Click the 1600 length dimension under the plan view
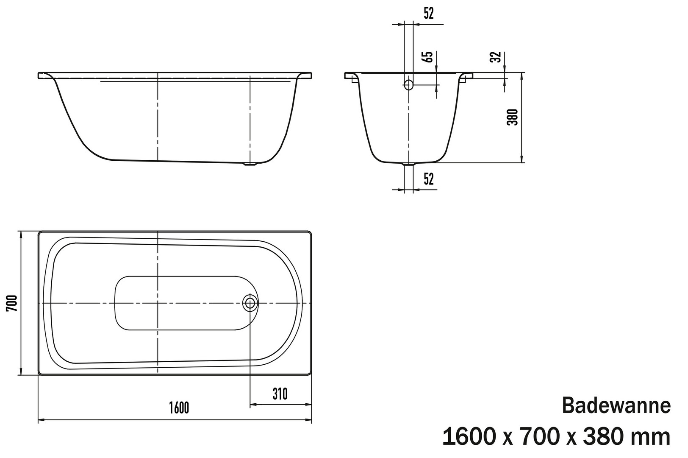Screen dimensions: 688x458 click(179, 408)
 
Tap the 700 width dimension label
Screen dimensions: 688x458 click(12, 303)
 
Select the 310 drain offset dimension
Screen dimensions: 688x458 click(280, 394)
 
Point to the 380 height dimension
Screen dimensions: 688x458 click(512, 117)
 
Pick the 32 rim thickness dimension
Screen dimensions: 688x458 click(496, 57)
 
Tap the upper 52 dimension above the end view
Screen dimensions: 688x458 click(429, 13)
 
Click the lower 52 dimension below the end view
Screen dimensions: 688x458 click(429, 179)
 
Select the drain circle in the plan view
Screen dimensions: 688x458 click(250, 303)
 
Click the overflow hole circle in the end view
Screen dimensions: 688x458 click(408, 84)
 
